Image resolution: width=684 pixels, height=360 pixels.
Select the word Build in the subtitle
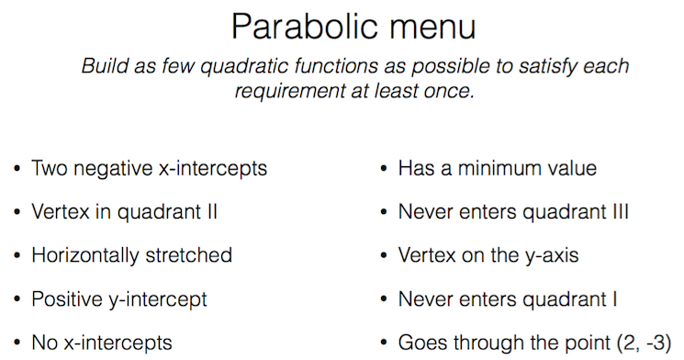click(105, 66)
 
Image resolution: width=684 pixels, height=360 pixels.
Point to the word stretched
click(188, 255)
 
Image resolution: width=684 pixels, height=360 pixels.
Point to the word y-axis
click(552, 256)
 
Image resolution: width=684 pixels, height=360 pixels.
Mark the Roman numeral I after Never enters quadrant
click(614, 298)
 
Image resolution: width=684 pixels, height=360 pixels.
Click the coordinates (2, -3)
click(645, 343)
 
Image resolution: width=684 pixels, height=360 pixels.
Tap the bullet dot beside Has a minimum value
click(384, 168)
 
